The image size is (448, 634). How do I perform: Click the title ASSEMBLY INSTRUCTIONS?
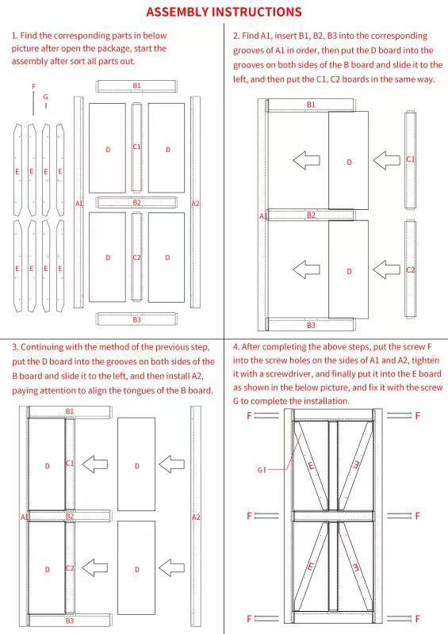click(224, 12)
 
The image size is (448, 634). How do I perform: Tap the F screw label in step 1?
click(33, 86)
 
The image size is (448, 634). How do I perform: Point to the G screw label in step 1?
click(46, 97)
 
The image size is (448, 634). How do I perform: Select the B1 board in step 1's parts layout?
click(136, 86)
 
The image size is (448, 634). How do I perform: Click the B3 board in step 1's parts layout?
click(136, 319)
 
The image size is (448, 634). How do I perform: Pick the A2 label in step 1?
click(196, 204)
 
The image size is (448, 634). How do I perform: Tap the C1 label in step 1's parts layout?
click(136, 147)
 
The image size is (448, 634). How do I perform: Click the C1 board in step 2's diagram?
click(410, 160)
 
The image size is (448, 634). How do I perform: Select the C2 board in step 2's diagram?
click(410, 269)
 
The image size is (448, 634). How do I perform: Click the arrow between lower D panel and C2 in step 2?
click(386, 269)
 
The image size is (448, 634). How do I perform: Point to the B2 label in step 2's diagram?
click(311, 215)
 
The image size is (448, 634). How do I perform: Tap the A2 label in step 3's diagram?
click(196, 517)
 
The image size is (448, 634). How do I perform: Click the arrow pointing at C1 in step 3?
click(95, 464)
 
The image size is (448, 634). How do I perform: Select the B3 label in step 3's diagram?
click(70, 621)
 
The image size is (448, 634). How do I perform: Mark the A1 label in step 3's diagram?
click(25, 517)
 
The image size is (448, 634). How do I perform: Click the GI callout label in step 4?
click(261, 470)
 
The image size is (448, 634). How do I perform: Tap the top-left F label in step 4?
click(249, 415)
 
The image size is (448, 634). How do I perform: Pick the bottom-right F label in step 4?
click(417, 619)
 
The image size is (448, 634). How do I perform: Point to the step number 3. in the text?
click(14, 347)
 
